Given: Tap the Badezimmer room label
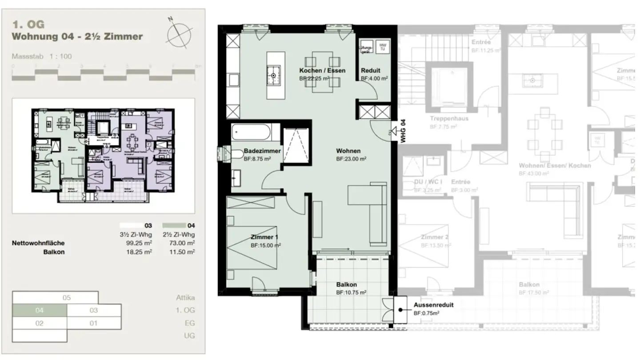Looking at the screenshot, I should (x=262, y=151).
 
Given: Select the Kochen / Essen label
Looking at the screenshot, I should (x=322, y=71).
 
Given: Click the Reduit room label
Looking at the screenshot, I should (x=370, y=71).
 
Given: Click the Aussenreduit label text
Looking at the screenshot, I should (x=433, y=305).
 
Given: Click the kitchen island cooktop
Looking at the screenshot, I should (x=273, y=76).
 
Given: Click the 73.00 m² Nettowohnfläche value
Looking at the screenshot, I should (x=182, y=243).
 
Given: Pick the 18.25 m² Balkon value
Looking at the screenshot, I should (x=139, y=252).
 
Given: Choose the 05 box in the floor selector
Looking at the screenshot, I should (x=66, y=298).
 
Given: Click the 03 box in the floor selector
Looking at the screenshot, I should (x=93, y=310).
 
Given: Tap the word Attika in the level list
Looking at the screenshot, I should (x=185, y=298).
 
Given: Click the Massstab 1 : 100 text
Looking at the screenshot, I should (x=42, y=56).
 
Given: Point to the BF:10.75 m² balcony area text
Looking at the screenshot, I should (x=351, y=293).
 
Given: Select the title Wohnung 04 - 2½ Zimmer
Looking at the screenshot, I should (x=77, y=36).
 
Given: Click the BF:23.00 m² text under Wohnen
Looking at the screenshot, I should (x=351, y=159).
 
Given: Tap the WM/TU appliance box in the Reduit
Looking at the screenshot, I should (x=381, y=47).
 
